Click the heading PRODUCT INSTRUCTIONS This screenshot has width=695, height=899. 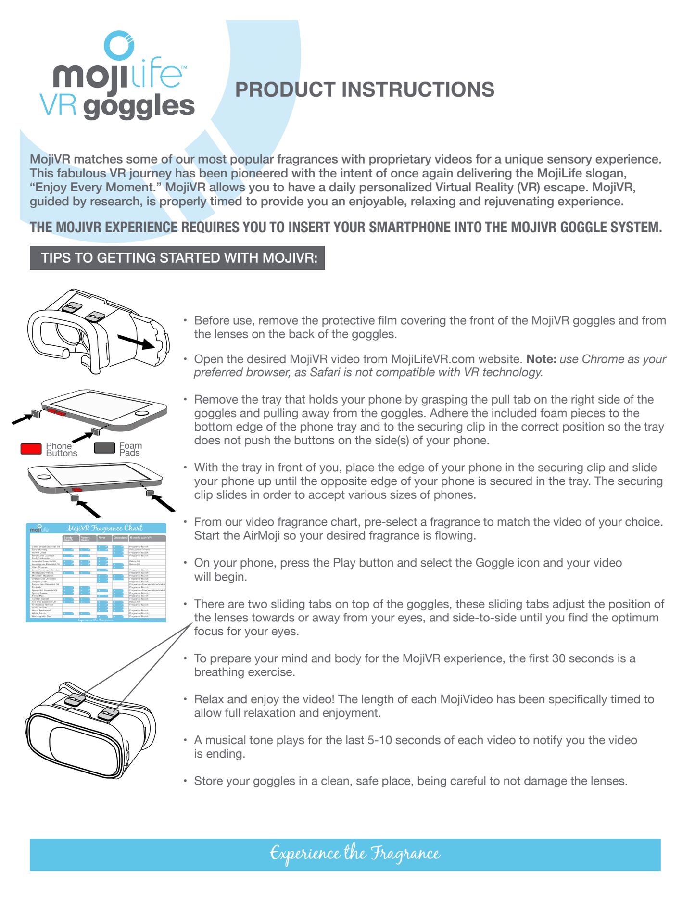365,90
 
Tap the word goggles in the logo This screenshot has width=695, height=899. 139,107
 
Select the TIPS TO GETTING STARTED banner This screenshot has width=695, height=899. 177,258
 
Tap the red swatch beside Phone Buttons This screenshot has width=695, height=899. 31,449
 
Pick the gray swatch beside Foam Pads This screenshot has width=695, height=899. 104,448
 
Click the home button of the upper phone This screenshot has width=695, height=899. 141,414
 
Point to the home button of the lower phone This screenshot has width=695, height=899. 44,476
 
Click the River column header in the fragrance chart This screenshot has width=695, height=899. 102,538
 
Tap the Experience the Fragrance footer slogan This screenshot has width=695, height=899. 355,854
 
